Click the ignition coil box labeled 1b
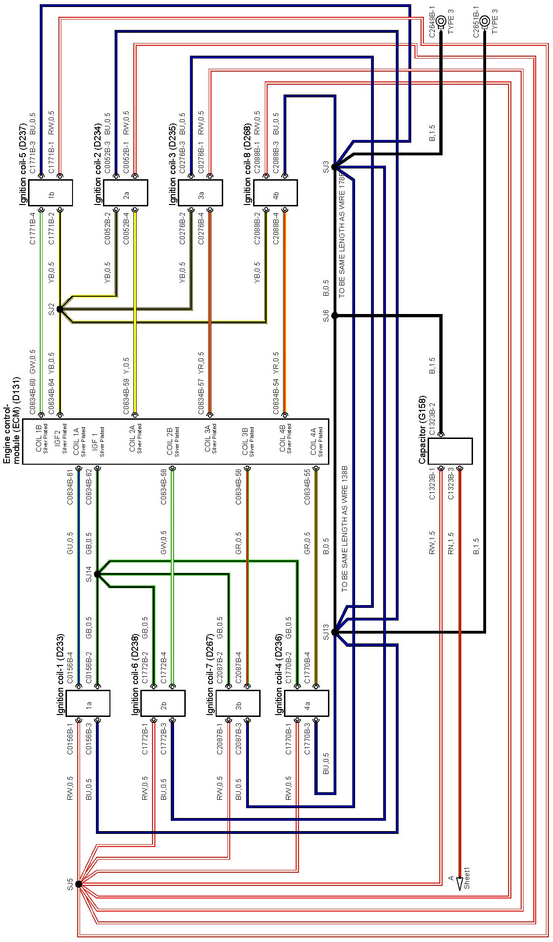[51, 193]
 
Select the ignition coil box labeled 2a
[125, 193]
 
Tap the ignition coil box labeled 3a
[200, 193]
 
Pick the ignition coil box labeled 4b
[275, 193]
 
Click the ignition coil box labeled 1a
[88, 703]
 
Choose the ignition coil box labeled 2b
[163, 703]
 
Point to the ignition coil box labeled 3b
[238, 703]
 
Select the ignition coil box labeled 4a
[306, 703]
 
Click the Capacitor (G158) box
[450, 451]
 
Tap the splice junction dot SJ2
[59, 309]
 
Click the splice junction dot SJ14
[97, 574]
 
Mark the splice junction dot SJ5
[79, 884]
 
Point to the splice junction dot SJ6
[335, 316]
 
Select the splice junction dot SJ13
[335, 633]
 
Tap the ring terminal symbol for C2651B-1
[485, 21]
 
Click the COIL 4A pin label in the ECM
[317, 442]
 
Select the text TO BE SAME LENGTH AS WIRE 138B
[345, 529]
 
